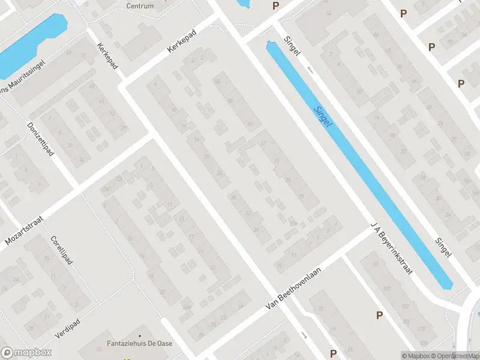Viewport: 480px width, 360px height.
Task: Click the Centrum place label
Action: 140,6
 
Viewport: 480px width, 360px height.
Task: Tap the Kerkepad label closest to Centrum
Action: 183,41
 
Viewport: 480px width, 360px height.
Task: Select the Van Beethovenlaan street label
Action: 302,289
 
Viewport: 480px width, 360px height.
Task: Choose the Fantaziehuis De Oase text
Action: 140,345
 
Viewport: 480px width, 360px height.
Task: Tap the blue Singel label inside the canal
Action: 324,116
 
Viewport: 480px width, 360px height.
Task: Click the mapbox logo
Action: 26,353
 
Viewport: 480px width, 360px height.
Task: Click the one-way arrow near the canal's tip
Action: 310,70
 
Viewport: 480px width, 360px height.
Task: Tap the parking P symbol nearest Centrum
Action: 275,6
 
